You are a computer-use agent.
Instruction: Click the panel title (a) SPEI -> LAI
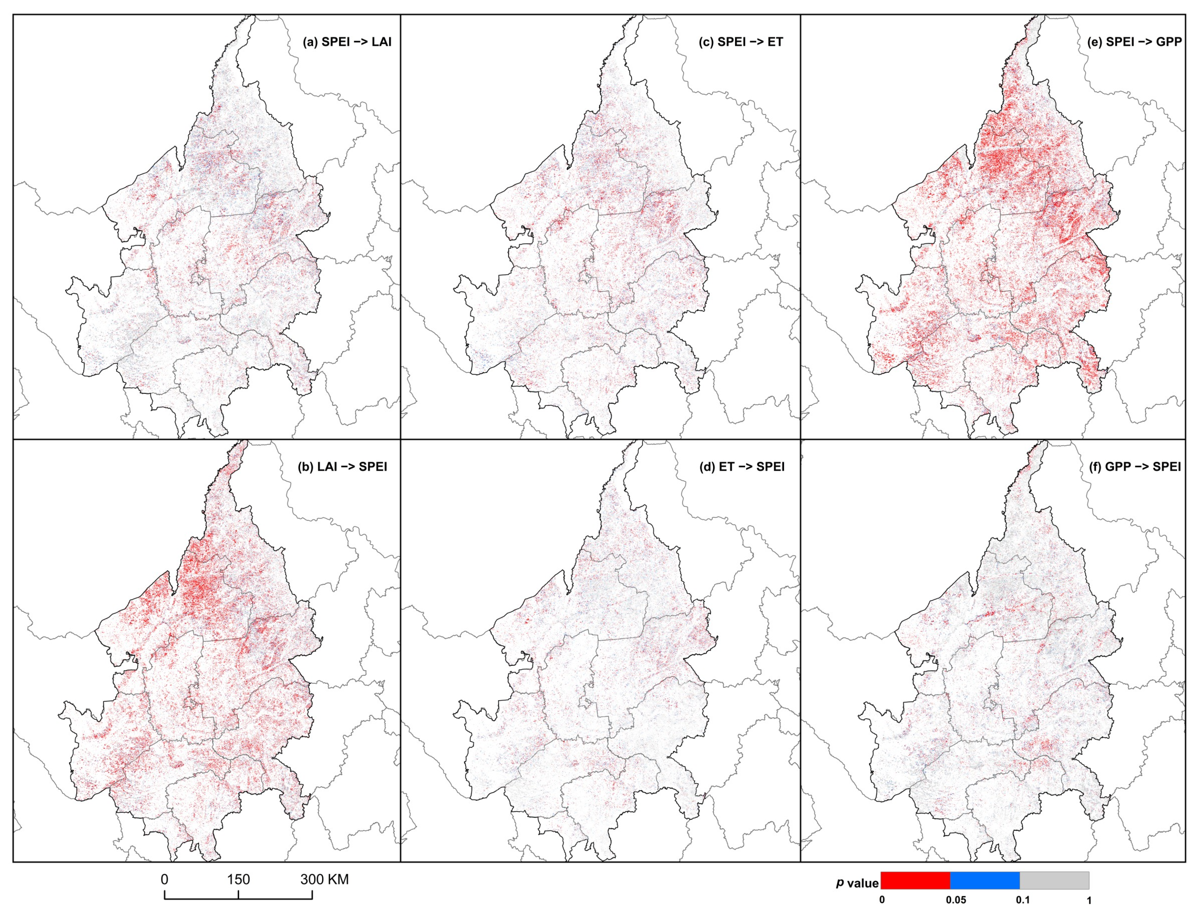tap(347, 42)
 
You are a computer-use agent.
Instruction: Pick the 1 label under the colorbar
tap(1089, 900)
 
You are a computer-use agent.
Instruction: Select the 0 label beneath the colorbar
tap(881, 900)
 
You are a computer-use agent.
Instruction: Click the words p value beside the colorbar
tap(857, 883)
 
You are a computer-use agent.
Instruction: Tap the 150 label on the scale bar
tap(238, 879)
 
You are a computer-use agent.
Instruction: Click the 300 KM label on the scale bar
tap(324, 879)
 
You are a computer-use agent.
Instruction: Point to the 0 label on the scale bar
tap(165, 879)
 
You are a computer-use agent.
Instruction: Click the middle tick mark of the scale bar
tap(238, 893)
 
